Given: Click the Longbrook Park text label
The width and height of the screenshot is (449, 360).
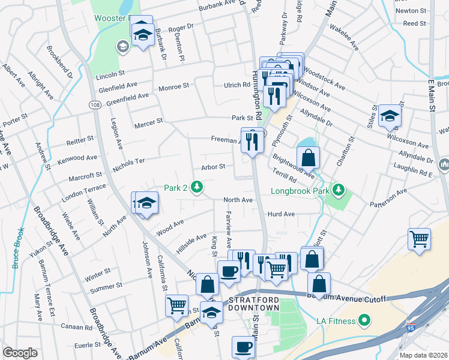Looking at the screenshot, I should point(300,191).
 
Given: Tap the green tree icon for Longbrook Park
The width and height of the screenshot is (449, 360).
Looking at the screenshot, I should point(339,190).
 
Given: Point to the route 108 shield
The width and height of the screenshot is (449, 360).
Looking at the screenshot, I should point(94,104).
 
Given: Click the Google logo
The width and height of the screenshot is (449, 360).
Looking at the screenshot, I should point(20,353).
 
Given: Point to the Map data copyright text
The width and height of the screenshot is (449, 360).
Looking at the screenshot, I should point(423,355).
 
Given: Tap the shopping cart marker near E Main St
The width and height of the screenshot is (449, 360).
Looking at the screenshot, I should point(419,238).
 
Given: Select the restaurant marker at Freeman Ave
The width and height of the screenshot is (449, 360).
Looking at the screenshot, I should point(252,141).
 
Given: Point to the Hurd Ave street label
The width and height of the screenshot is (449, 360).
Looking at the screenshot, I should point(281,214).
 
